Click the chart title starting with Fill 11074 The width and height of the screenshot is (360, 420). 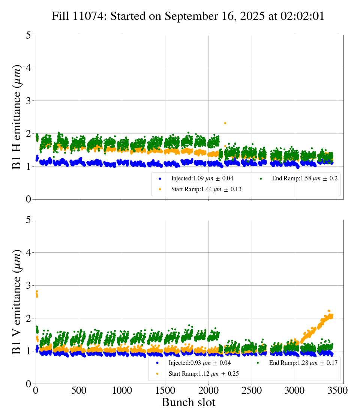pyautogui.click(x=188, y=16)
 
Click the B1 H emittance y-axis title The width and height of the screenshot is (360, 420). pyautogui.click(x=17, y=117)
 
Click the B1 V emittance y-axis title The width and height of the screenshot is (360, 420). pyautogui.click(x=17, y=301)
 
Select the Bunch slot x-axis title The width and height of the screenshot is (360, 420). pyautogui.click(x=188, y=402)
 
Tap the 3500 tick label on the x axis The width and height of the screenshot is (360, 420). pyautogui.click(x=338, y=390)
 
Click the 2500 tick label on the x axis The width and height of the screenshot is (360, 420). pyautogui.click(x=252, y=390)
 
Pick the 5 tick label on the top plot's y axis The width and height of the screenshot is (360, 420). pyautogui.click(x=28, y=35)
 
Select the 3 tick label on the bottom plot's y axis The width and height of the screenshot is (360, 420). pyautogui.click(x=28, y=285)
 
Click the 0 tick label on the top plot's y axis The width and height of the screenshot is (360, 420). pyautogui.click(x=28, y=199)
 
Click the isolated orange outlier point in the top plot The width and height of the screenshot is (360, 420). pyautogui.click(x=225, y=123)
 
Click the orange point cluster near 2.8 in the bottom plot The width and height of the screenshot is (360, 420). pyautogui.click(x=37, y=294)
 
